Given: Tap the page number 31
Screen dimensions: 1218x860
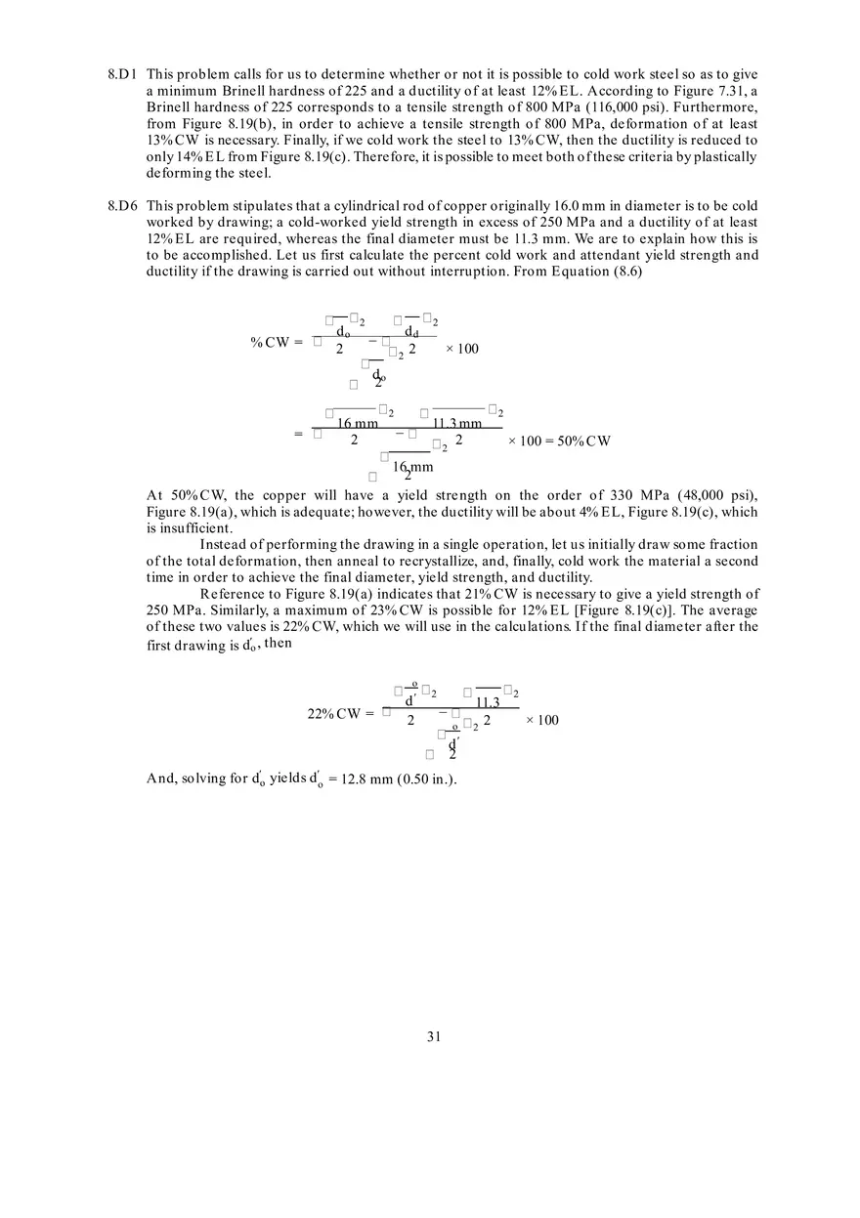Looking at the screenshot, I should [x=434, y=1036].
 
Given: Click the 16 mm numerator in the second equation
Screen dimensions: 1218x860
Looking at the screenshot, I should [x=358, y=423].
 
